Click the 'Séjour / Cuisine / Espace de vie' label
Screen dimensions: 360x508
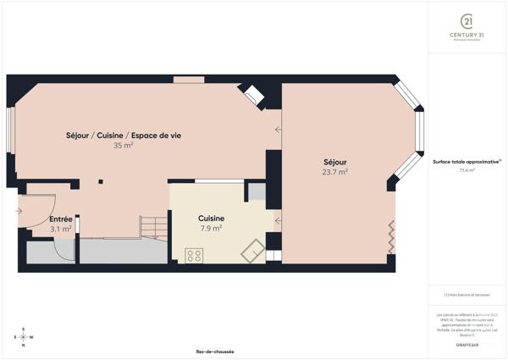[124, 136]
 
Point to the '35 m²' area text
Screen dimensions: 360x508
[124, 146]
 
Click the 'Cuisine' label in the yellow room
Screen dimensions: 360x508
[211, 217]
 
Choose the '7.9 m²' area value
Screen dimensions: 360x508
[211, 228]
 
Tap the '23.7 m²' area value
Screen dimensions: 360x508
[335, 172]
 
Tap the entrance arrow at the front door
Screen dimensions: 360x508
[19, 211]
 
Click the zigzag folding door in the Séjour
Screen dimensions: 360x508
[391, 236]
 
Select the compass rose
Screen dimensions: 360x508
[25, 337]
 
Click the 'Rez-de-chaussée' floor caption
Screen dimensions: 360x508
[215, 352]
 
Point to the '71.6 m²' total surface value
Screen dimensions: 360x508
[467, 170]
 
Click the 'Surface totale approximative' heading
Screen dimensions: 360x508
[467, 161]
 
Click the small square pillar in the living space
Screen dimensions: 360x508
[101, 180]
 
